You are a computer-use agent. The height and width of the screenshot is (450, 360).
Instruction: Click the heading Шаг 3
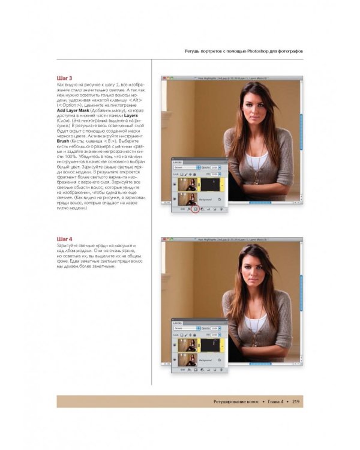point(64,79)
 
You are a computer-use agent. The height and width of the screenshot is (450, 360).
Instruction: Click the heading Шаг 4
point(64,239)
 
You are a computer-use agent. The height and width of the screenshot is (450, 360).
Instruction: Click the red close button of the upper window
point(164,79)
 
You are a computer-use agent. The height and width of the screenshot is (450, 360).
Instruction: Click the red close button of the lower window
point(164,239)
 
